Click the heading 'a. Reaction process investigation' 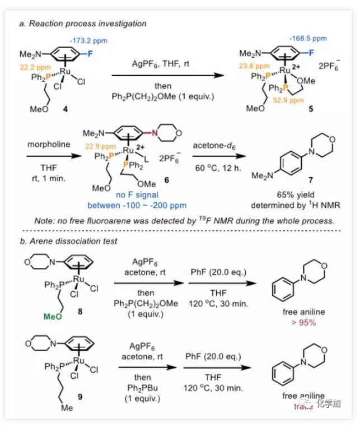click(x=82, y=24)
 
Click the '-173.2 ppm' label click(x=88, y=41)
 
